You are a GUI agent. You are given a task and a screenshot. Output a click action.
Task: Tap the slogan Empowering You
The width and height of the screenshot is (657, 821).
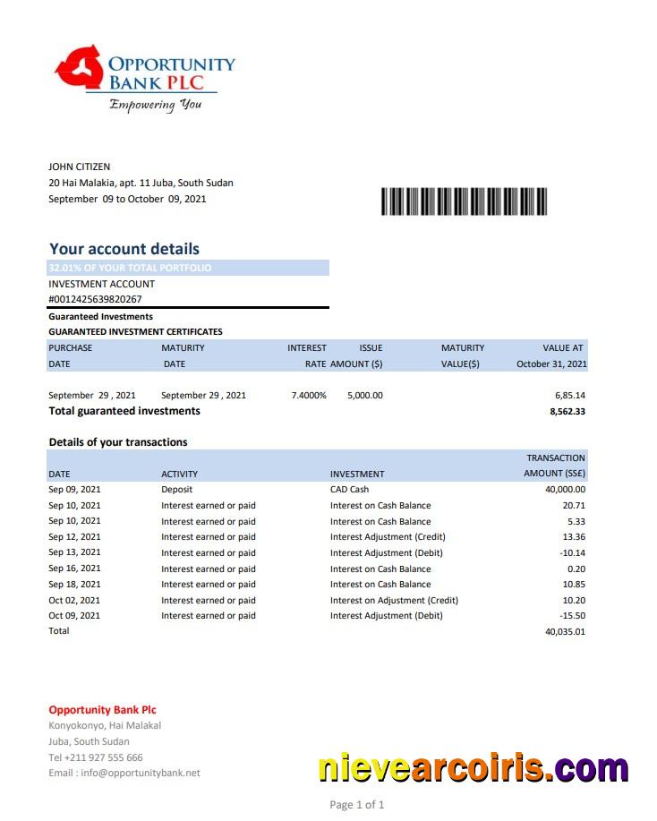point(155,105)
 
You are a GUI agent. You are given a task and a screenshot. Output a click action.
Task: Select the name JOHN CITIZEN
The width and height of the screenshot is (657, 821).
point(80,167)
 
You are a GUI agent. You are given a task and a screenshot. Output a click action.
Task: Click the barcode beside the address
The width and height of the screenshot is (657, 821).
point(464,201)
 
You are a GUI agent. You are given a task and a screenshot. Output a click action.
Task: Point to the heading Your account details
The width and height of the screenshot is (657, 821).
point(124,249)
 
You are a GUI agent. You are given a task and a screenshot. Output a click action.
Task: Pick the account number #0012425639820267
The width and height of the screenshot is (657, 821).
point(95,300)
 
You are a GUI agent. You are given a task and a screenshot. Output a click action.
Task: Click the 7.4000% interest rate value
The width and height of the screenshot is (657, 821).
point(309,395)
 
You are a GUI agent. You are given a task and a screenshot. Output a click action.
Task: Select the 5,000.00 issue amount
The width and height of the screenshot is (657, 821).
point(364,395)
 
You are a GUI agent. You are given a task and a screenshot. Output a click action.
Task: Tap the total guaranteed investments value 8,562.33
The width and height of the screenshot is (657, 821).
point(567,412)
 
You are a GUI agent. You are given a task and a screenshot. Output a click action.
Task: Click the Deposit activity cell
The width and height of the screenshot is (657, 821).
point(176,490)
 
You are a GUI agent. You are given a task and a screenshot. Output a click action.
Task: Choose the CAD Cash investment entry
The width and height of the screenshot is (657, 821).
point(349,490)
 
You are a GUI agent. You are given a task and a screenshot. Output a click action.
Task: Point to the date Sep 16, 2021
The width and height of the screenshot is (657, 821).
point(74,569)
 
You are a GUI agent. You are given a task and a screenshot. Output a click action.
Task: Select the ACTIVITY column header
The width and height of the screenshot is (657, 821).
point(179,474)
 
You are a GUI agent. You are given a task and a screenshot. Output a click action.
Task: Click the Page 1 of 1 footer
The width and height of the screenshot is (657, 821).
point(356,805)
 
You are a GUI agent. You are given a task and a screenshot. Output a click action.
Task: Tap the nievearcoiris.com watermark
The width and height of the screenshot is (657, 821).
point(474,768)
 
